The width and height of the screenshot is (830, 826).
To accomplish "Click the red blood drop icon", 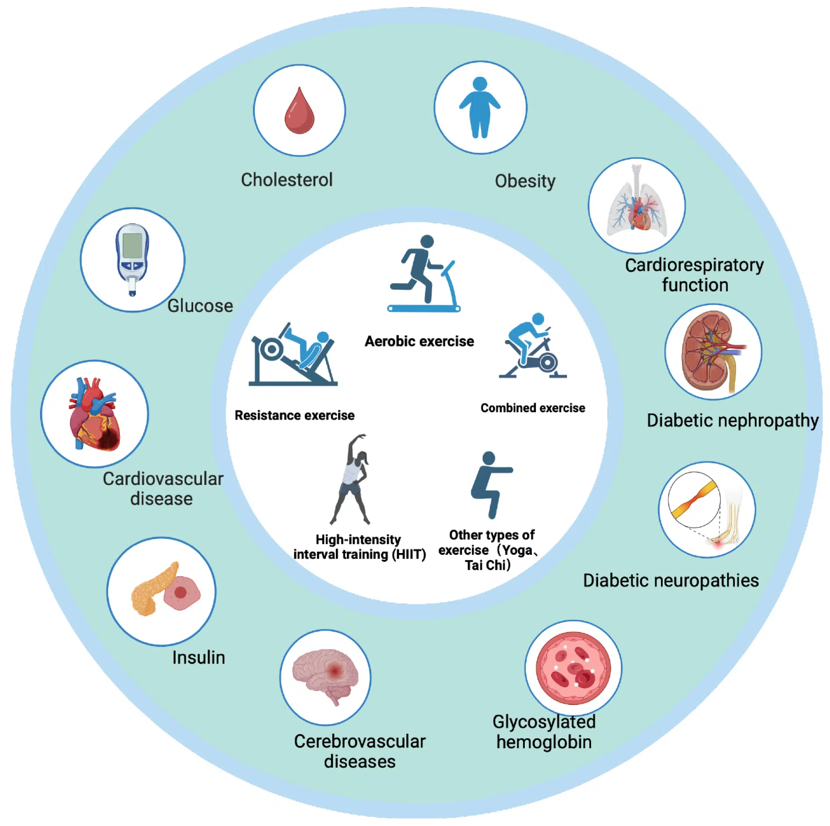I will (299, 111).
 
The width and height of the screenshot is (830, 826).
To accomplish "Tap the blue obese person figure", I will (480, 108).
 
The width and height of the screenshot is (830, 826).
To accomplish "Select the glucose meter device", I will (132, 259).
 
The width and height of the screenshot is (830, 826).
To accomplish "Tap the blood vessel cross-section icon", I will (573, 667).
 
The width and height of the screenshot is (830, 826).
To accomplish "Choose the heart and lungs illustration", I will (637, 205).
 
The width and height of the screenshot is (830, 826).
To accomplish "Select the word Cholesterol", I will (287, 180).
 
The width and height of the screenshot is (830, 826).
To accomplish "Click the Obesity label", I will (525, 181).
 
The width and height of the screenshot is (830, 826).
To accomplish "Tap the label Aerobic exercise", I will (419, 341).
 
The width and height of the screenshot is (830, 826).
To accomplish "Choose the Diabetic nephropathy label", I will (732, 420).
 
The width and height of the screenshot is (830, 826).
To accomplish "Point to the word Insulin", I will (198, 657).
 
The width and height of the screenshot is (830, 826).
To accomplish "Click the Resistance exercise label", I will (294, 415).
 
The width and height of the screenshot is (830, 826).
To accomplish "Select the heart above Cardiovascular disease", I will (94, 414).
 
